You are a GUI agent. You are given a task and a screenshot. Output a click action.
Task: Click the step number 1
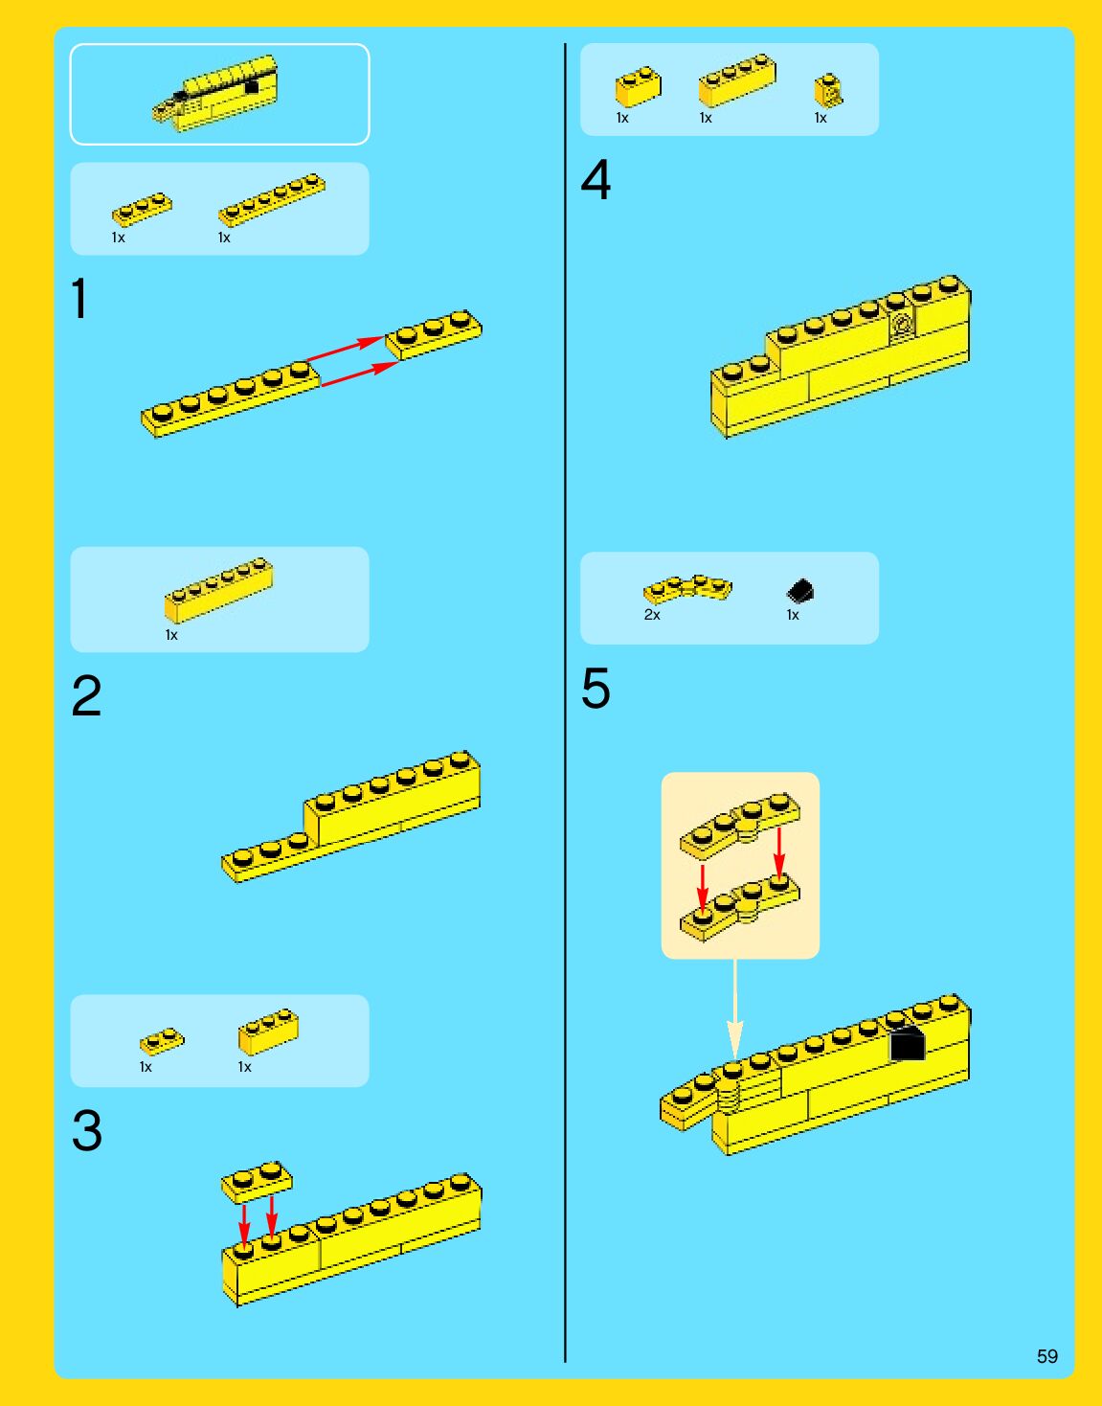pos(79,299)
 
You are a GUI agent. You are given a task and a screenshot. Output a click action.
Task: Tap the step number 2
pos(86,696)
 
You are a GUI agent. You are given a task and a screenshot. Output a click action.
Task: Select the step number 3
pos(86,1131)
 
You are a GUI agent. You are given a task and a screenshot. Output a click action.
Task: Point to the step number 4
pos(596,180)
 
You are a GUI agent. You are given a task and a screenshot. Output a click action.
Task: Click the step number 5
pos(596,689)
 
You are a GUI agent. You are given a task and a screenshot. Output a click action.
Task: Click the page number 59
pos(1046,1356)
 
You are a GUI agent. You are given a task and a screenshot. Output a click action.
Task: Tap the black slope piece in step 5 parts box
pos(799,591)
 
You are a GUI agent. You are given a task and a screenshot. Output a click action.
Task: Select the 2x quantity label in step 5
pos(652,615)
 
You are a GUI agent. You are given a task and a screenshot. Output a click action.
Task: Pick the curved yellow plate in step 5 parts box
pos(687,587)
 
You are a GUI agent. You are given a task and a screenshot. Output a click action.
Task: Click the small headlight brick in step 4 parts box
pos(828,91)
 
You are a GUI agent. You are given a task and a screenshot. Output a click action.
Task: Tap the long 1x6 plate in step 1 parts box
pos(272,198)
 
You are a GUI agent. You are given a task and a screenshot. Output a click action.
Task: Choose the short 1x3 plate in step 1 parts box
pos(142,209)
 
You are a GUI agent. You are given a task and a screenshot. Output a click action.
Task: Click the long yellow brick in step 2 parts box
pos(218,589)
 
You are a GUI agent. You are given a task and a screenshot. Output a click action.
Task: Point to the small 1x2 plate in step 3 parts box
pos(162,1041)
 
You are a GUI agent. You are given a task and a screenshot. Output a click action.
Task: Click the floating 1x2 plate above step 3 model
pos(257,1182)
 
